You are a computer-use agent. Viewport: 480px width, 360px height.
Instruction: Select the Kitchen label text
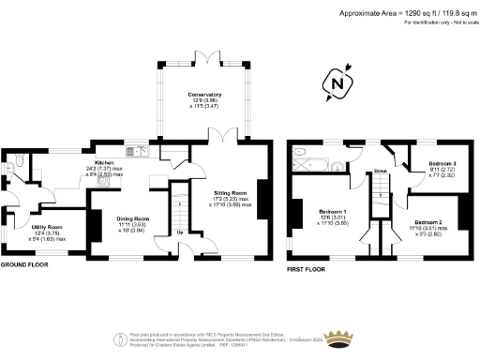coord(103,162)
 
